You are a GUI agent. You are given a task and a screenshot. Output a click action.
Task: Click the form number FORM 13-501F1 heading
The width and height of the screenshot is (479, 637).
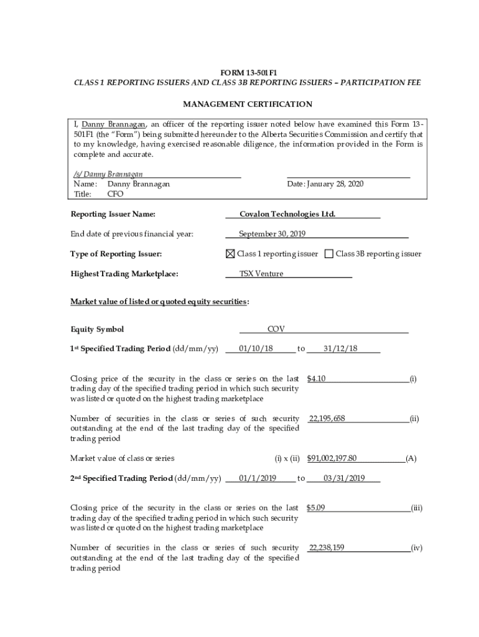click(x=248, y=73)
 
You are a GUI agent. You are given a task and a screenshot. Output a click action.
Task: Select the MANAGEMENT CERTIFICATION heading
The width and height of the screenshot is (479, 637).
click(x=248, y=104)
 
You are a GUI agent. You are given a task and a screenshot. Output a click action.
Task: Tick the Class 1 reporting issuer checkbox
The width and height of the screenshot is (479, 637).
click(x=230, y=254)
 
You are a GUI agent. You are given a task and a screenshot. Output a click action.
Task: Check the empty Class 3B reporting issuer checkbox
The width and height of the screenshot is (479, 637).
click(x=329, y=254)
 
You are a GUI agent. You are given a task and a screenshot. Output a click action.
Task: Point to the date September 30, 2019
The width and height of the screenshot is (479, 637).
click(x=272, y=234)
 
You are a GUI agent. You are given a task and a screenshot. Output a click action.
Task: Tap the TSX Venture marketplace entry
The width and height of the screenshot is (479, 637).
click(x=261, y=274)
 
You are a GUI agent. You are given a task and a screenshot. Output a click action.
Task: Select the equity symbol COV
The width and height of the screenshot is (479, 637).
click(x=276, y=329)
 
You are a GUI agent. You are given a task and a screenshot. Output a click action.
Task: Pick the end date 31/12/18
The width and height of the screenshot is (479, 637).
click(x=340, y=348)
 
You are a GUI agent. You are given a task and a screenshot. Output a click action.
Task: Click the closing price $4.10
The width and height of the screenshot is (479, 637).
click(x=317, y=378)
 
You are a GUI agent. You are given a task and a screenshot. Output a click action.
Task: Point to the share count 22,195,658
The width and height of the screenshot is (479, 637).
click(x=327, y=419)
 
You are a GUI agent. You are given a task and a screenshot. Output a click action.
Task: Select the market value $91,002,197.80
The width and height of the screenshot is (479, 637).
click(x=332, y=458)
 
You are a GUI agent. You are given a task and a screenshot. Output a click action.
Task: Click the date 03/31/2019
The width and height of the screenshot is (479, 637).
click(x=344, y=478)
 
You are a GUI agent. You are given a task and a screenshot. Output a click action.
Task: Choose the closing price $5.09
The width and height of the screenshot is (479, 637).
click(x=316, y=508)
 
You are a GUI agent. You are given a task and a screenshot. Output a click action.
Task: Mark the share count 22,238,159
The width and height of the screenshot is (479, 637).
click(x=327, y=547)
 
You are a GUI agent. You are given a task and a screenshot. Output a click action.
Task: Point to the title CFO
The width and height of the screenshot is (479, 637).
click(x=116, y=194)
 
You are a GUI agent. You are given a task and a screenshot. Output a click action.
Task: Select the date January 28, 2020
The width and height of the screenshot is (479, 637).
click(x=325, y=184)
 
